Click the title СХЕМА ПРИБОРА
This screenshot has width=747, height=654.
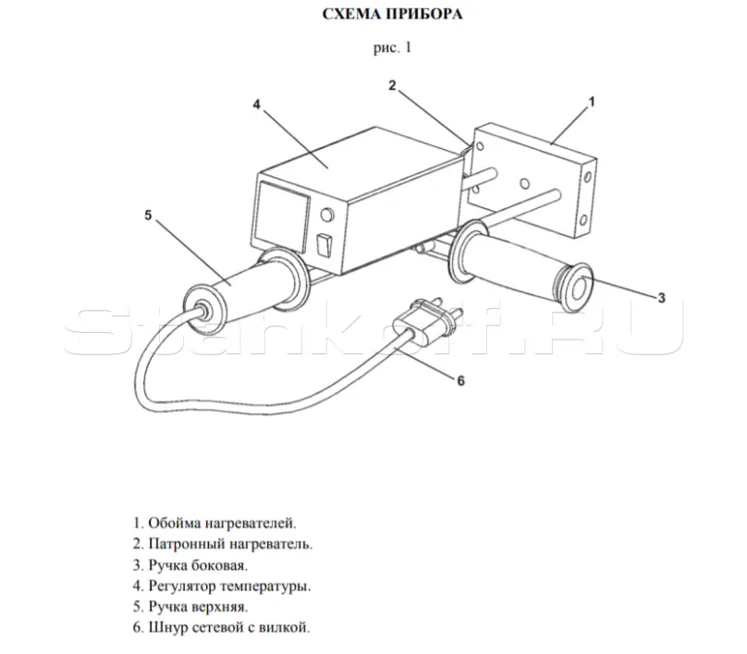pyautogui.click(x=392, y=14)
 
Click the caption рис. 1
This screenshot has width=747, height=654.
pyautogui.click(x=392, y=48)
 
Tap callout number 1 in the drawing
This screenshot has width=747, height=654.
pyautogui.click(x=592, y=102)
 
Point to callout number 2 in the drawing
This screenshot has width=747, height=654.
pyautogui.click(x=392, y=85)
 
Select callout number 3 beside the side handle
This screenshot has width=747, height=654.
pyautogui.click(x=661, y=298)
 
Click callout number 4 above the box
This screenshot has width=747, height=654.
pyautogui.click(x=257, y=105)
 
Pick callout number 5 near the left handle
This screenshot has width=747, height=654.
pyautogui.click(x=148, y=216)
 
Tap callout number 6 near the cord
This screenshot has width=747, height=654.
pyautogui.click(x=460, y=380)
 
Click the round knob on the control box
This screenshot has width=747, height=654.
pyautogui.click(x=327, y=216)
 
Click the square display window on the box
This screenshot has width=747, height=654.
pyautogui.click(x=283, y=216)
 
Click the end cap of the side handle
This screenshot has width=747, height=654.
pyautogui.click(x=578, y=288)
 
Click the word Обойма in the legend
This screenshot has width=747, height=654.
pyautogui.click(x=175, y=523)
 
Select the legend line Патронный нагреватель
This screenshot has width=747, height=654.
pyautogui.click(x=223, y=544)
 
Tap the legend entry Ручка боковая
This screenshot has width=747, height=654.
pyautogui.click(x=190, y=565)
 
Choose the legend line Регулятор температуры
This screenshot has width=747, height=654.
pyautogui.click(x=222, y=586)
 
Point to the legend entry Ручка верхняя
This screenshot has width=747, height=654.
pyautogui.click(x=190, y=607)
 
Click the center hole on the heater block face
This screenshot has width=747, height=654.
pyautogui.click(x=525, y=183)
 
